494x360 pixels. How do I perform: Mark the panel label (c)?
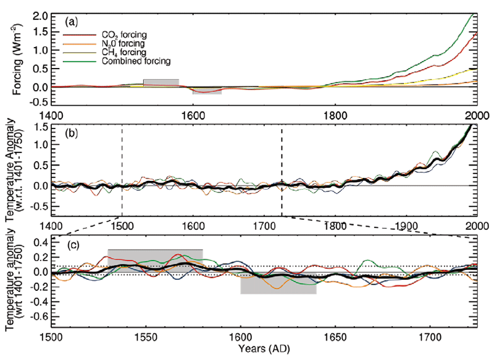click(72, 245)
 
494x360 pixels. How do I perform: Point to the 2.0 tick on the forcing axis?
click(40, 15)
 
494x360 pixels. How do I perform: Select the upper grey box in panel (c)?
click(155, 257)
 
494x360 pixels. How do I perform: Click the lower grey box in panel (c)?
click(278, 284)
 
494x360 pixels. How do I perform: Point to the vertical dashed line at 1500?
click(122, 167)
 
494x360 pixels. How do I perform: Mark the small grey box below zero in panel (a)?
click(207, 91)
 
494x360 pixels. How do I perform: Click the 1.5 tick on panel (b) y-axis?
click(40, 127)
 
